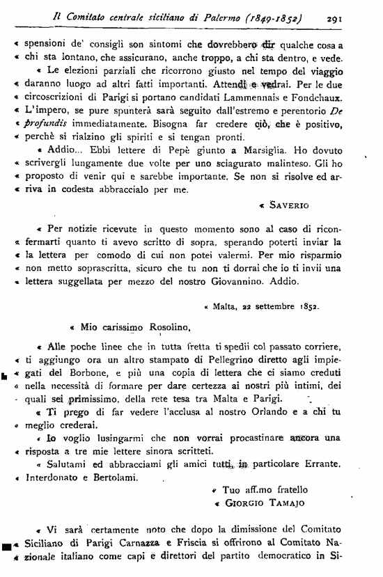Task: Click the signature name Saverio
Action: point(285,205)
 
